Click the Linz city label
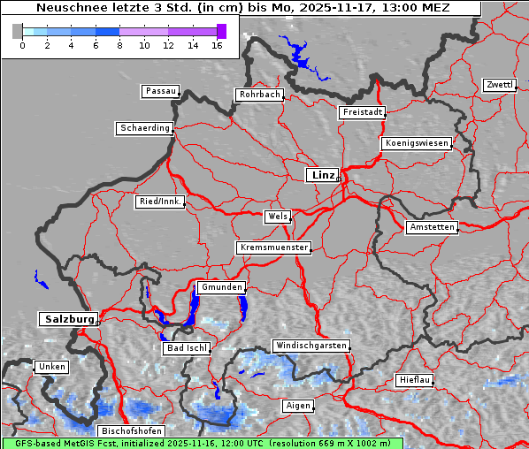coord(322,175)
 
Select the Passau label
coord(160,91)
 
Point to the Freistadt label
coord(362,112)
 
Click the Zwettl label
coord(499,85)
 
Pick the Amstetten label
coord(432,227)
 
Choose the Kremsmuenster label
coord(273,247)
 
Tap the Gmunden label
coord(220,287)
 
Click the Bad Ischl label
coord(187,348)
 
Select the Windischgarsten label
coord(310,346)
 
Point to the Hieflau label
coord(415,380)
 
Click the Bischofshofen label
coord(132,430)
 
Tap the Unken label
coord(51,366)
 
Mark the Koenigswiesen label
coord(417,143)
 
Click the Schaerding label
coord(144,128)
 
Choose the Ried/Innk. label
coord(160,202)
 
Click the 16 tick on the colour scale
coord(216,45)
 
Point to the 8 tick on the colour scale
coord(119,45)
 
